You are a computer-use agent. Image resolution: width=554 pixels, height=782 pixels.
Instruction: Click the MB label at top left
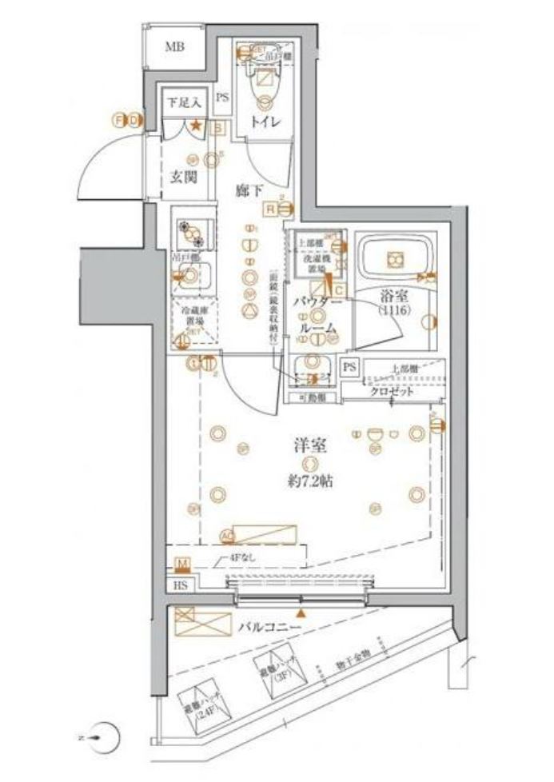(174, 47)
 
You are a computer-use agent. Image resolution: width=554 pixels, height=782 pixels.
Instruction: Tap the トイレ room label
(265, 122)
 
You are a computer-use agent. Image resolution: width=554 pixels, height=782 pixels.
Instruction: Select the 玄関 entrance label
(184, 178)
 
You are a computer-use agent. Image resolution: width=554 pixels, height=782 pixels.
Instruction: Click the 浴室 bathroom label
(394, 297)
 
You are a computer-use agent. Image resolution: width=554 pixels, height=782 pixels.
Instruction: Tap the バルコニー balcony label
(269, 628)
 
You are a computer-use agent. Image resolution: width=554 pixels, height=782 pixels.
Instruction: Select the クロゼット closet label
(392, 392)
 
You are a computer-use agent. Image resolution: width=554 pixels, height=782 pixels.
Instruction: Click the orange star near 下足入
(195, 125)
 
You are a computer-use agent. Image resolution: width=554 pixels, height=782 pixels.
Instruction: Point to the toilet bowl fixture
(264, 86)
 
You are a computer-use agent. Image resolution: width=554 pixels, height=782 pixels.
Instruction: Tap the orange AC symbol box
(226, 536)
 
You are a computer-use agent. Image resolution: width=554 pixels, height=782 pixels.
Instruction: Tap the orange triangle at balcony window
(301, 612)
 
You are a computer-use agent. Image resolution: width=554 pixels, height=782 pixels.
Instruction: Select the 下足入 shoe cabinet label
(184, 102)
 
